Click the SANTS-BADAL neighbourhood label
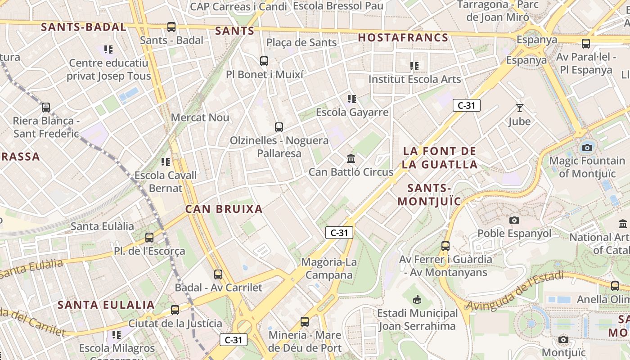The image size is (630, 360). point(83,27)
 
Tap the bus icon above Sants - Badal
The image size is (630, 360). point(171,27)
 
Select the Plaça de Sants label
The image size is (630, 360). point(301,43)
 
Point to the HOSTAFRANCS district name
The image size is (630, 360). point(403,38)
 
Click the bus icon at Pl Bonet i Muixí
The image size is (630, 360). point(264,61)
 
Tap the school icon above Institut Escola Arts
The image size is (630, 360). point(414,66)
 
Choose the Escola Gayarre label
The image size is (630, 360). point(352,112)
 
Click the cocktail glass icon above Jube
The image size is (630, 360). point(520,108)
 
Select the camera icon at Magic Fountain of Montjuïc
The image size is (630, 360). point(587,148)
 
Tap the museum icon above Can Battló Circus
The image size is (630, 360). point(351,159)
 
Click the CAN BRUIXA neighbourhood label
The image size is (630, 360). point(224,209)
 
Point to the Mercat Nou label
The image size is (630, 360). point(200,118)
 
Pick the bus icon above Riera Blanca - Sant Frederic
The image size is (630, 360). point(46,108)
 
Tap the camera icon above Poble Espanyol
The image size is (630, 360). point(514,220)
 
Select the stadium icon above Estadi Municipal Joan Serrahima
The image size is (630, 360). point(418,299)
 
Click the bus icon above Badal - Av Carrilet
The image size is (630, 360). point(218,274)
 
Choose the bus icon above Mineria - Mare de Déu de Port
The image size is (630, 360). point(305,322)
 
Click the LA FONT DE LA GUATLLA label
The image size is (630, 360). point(440,157)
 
